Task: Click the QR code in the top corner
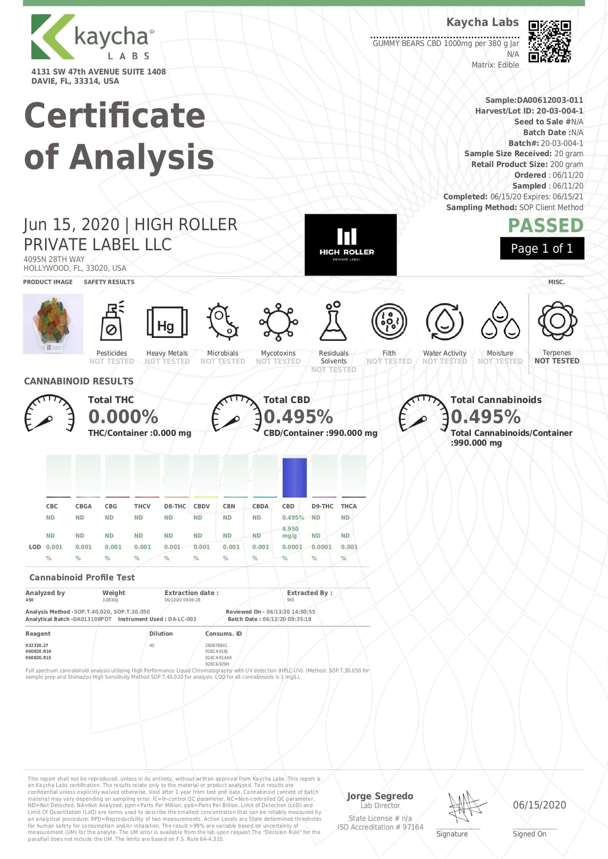pyautogui.click(x=549, y=41)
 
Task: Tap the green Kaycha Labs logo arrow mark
pyautogui.click(x=50, y=37)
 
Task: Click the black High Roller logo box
pyautogui.click(x=350, y=244)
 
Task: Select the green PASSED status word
pyautogui.click(x=545, y=225)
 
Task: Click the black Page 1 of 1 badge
pyautogui.click(x=541, y=248)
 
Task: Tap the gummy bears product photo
pyautogui.click(x=53, y=323)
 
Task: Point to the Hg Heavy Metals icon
pyautogui.click(x=167, y=322)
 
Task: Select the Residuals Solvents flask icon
pyautogui.click(x=334, y=321)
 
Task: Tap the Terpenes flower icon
pyautogui.click(x=557, y=321)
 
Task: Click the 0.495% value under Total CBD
pyautogui.click(x=298, y=416)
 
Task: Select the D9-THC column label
pyautogui.click(x=322, y=506)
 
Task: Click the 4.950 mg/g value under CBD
pyautogui.click(x=290, y=532)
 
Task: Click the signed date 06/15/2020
pyautogui.click(x=539, y=805)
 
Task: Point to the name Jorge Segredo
pyautogui.click(x=380, y=796)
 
